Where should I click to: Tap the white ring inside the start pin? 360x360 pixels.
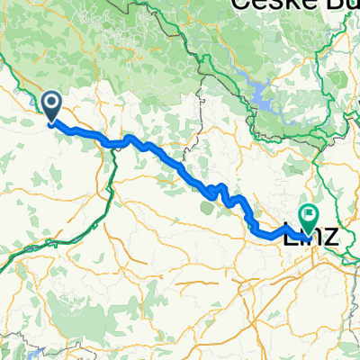pyautogui.click(x=52, y=104)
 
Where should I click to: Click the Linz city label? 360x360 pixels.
pyautogui.click(x=311, y=238)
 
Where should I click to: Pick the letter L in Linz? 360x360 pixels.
pyautogui.click(x=291, y=238)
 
